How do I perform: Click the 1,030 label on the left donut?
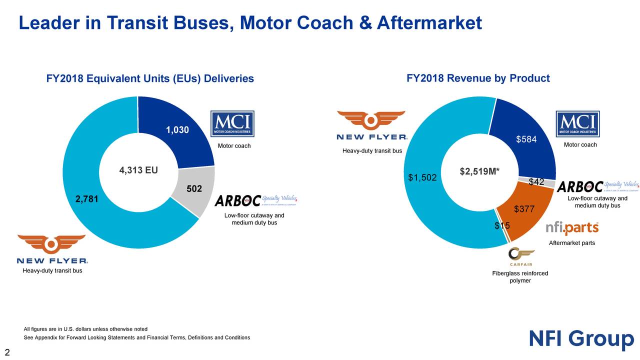coord(177,130)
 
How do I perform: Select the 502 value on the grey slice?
coord(194,189)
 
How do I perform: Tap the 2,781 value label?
coord(87,199)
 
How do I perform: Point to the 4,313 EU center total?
coord(138,170)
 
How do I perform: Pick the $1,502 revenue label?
coord(422,177)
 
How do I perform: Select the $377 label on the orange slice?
coord(524,209)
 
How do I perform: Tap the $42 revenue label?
coord(536,182)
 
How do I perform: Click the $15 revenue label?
coord(501,226)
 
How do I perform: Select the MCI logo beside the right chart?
coord(577,124)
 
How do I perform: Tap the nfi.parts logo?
coord(572,228)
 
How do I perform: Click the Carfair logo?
coord(520,257)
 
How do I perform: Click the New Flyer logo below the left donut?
coord(52,249)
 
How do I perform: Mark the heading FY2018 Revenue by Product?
coord(478,78)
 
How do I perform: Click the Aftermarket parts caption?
coord(572,243)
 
